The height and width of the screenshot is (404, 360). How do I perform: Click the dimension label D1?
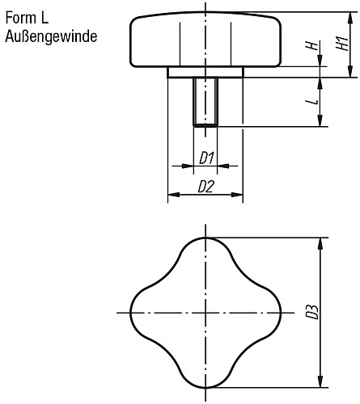(205, 158)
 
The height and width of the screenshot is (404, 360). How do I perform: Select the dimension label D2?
(205, 187)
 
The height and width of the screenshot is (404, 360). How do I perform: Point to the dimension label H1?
(341, 45)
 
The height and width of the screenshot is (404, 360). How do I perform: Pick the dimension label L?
(310, 103)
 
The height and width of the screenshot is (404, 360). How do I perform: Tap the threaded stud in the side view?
(205, 101)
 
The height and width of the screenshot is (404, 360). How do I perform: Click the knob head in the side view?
(205, 40)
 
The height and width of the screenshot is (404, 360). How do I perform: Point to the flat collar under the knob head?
(205, 72)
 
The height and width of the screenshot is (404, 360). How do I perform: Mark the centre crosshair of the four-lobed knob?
(205, 313)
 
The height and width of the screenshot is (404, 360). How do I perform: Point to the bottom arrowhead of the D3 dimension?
(324, 382)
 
